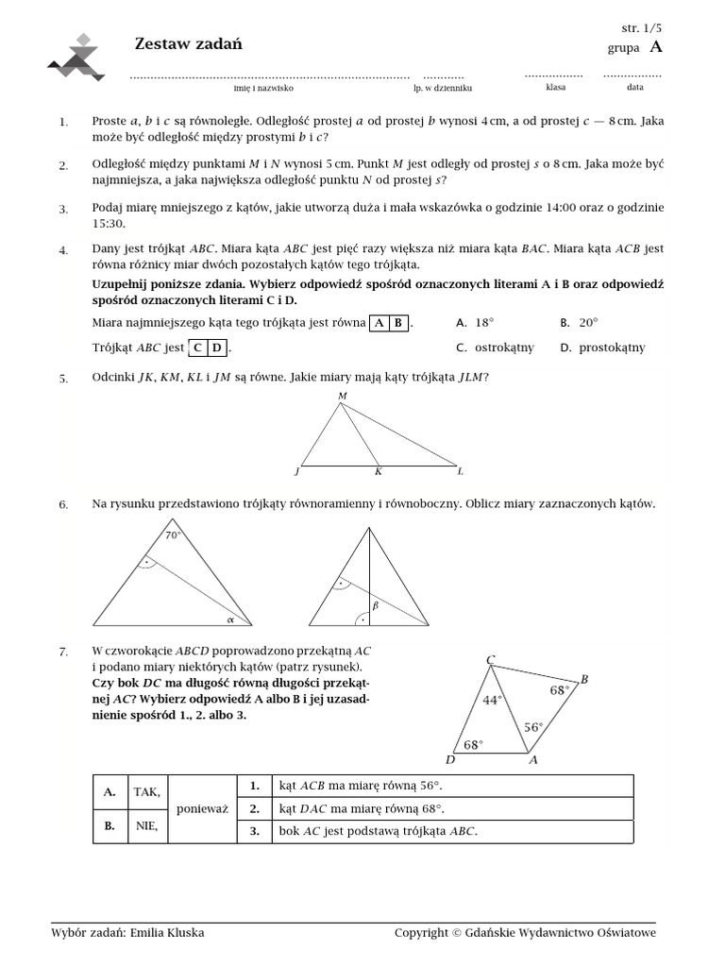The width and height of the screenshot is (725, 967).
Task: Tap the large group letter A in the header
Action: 656,47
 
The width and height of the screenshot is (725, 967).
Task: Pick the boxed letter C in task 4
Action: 198,348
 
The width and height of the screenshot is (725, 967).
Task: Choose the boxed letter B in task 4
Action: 398,323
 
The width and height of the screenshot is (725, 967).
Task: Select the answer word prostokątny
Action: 611,348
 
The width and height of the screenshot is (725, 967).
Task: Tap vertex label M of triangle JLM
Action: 342,396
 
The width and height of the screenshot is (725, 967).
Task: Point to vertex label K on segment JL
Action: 378,471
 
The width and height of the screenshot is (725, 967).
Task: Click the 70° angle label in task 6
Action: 173,535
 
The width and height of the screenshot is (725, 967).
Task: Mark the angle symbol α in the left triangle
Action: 228,619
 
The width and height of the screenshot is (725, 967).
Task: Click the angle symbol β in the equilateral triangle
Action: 375,606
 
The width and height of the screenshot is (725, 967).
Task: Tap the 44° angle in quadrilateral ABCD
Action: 492,700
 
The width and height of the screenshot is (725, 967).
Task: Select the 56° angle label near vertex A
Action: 533,727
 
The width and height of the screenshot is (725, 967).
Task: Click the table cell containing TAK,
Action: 146,791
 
